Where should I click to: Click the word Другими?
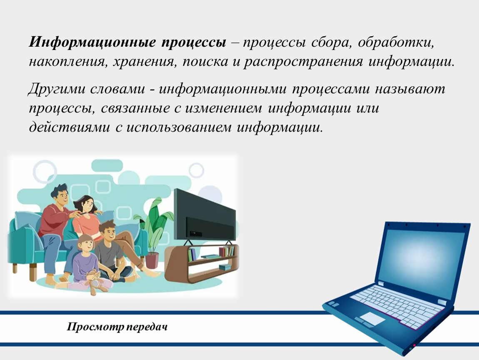[56, 89]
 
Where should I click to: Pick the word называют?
[410, 89]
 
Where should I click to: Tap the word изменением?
[223, 108]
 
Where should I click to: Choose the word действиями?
[69, 127]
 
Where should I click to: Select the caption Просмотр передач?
[117, 327]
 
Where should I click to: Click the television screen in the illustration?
[205, 215]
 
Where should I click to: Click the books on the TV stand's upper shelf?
[226, 251]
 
